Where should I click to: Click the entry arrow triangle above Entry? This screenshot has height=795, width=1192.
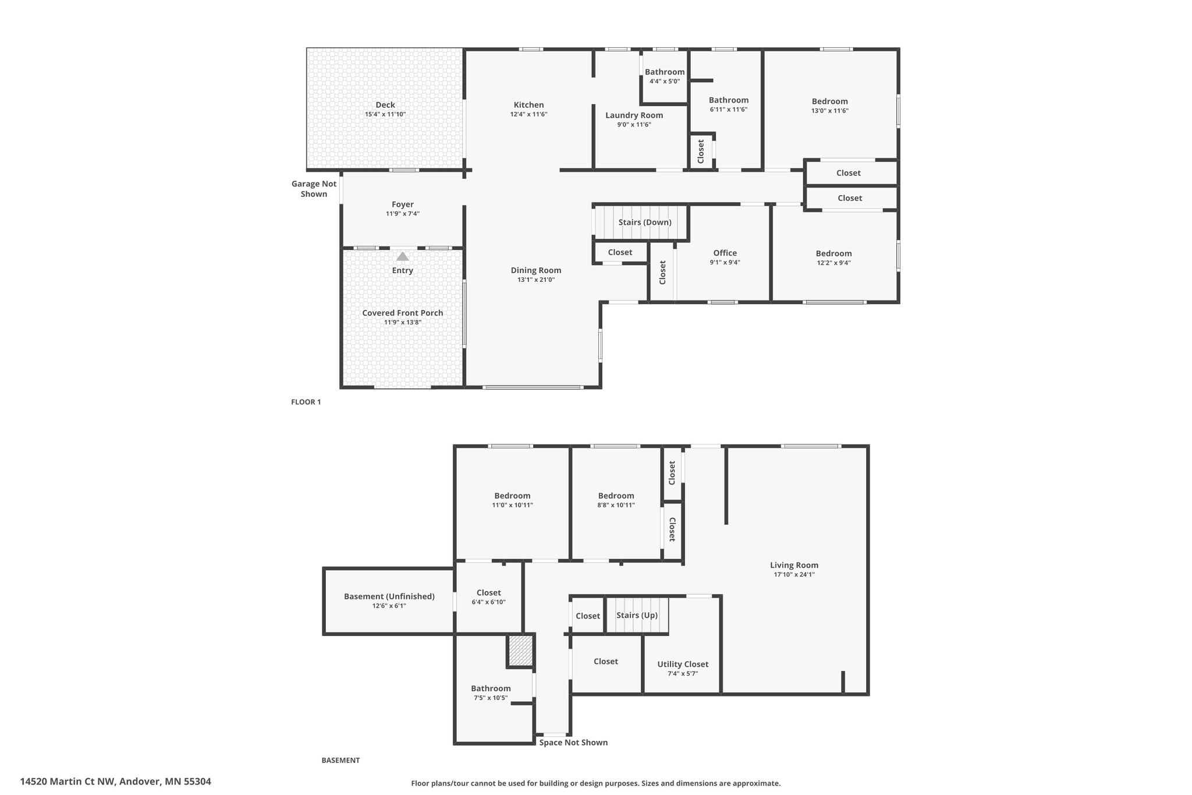pos(402,256)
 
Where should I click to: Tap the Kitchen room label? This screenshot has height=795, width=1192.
pos(528,105)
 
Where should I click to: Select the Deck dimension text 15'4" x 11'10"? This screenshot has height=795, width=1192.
pos(385,115)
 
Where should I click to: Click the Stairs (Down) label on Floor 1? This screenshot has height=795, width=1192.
pos(644,222)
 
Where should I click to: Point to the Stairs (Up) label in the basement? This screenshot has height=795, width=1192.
pos(637,615)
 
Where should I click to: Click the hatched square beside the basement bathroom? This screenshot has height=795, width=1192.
pos(520,650)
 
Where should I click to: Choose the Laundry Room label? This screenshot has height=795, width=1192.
pos(634,115)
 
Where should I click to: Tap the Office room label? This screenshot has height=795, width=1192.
pos(725,253)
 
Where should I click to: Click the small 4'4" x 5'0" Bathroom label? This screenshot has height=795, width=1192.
pos(664,72)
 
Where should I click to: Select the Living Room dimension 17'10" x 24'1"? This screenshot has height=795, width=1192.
pos(794,574)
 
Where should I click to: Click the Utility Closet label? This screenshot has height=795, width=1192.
pos(683,664)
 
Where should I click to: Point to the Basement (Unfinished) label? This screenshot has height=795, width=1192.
pos(389,596)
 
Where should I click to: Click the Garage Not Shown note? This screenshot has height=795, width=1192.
pos(314,189)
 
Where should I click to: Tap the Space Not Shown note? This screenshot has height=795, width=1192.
pos(573,742)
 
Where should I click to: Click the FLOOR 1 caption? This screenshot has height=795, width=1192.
pos(306,402)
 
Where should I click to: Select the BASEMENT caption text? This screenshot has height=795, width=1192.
pos(340,760)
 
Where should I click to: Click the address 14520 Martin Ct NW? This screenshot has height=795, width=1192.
pos(115,782)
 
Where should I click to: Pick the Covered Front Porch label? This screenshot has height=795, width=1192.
pos(402,313)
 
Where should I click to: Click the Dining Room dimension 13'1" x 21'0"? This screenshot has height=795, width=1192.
pos(535,280)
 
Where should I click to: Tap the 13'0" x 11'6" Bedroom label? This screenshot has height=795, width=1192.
pos(829,101)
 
